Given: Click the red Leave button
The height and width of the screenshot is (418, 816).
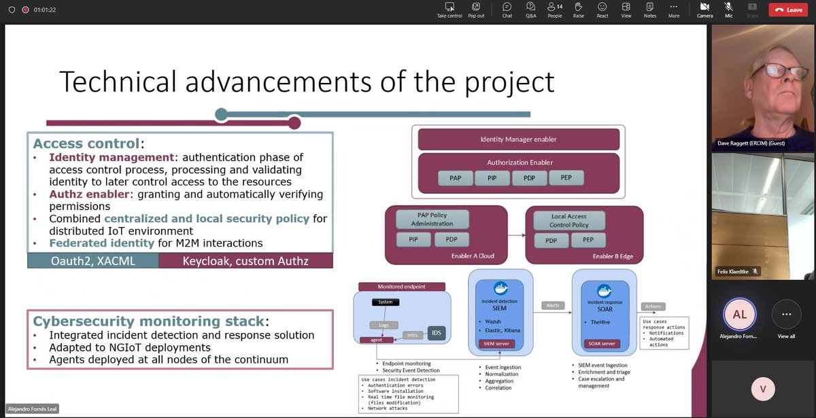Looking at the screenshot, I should click(787, 10).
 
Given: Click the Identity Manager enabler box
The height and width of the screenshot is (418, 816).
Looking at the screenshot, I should click(518, 139).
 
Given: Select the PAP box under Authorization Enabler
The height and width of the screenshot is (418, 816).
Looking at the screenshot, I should click(455, 179).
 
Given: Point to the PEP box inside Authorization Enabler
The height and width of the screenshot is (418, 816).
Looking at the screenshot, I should click(565, 179).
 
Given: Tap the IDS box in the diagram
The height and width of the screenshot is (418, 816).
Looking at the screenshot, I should click(436, 333).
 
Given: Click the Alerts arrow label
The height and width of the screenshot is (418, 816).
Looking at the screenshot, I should click(552, 305).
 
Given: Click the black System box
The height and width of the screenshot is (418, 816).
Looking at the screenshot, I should click(386, 302).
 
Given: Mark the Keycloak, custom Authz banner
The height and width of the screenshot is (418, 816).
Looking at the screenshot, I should click(245, 260).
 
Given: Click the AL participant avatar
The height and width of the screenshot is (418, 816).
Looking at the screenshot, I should click(739, 315).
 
